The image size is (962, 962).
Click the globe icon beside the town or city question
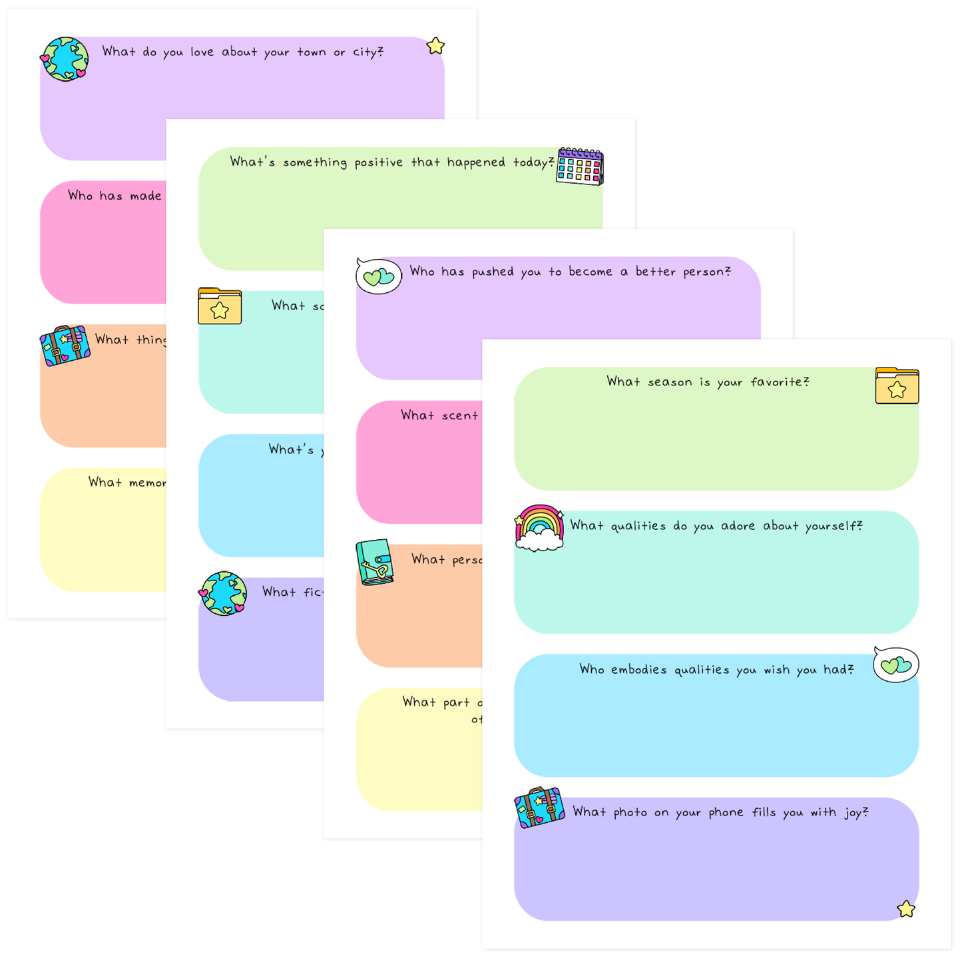pos(65,59)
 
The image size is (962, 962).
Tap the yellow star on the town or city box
pos(435,46)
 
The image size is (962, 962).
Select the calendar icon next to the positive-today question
pos(580,166)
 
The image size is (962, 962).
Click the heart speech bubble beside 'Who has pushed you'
pos(379,276)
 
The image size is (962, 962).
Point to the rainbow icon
pos(539,528)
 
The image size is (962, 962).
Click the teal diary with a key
pos(375,563)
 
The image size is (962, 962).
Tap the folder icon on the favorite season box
pos(897,386)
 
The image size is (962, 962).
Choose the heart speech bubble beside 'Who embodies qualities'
pos(896,664)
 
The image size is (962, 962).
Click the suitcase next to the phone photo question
pos(539,808)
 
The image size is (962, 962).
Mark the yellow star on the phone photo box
pos(905,909)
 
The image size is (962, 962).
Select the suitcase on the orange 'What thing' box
pos(65,346)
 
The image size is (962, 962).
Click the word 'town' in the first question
pos(312,52)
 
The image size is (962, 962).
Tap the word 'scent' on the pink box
pos(459,415)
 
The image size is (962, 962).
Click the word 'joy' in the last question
pos(853,813)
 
